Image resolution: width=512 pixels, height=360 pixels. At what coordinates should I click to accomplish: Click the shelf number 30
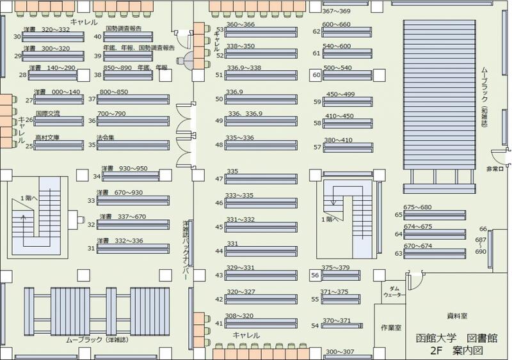17,36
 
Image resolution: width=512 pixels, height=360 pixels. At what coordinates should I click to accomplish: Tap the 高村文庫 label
47,137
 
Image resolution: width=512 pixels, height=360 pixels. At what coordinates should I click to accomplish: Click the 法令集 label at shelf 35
106,137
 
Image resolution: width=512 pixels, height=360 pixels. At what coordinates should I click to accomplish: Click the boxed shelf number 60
316,74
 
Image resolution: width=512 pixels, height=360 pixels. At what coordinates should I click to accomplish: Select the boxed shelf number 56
315,275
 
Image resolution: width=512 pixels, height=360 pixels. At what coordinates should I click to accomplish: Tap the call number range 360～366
240,24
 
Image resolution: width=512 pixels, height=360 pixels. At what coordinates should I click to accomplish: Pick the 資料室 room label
457,316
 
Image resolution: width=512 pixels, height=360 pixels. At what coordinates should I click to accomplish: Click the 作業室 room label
390,327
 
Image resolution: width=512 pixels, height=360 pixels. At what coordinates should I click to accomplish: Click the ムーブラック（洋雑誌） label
94,339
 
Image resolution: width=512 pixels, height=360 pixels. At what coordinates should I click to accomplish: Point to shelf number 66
483,229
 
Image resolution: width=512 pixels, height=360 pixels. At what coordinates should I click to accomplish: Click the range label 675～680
418,207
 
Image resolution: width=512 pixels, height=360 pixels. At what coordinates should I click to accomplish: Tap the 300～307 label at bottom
339,352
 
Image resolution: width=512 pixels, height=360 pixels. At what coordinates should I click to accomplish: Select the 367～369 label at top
336,11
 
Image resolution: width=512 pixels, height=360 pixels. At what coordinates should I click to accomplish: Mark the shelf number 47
219,178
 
